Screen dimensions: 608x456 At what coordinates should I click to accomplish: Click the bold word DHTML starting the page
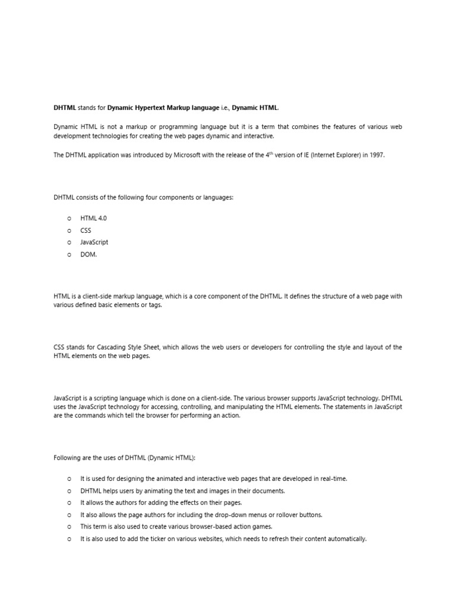coord(65,107)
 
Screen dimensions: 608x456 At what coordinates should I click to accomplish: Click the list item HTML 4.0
coord(93,218)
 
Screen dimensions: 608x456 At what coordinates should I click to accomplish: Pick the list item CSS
coord(86,230)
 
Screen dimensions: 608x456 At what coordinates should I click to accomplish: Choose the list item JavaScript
coord(94,242)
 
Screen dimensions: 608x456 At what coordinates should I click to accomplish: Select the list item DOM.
coord(88,254)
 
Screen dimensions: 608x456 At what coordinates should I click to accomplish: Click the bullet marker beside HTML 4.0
coord(69,218)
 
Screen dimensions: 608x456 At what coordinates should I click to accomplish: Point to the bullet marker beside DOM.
coord(69,254)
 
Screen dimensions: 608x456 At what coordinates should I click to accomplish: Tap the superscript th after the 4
coord(274,153)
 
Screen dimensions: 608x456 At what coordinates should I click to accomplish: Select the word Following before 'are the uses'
coord(68,458)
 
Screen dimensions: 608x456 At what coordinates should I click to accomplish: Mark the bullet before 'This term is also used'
coord(69,527)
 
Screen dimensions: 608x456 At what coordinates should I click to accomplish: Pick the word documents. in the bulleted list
coord(268,491)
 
